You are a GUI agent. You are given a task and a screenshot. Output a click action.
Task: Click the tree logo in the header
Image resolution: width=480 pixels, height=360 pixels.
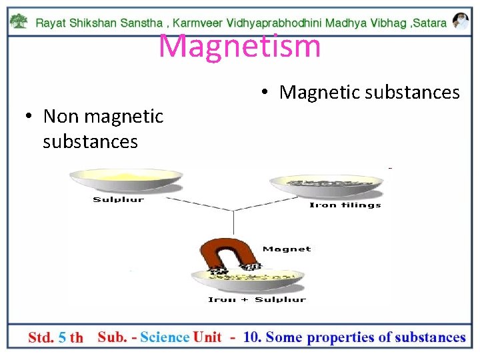click(20, 21)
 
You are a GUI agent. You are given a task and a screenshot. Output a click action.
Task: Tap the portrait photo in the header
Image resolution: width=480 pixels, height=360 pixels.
click(460, 21)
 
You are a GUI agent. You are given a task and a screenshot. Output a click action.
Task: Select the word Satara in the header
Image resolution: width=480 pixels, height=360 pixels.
click(431, 23)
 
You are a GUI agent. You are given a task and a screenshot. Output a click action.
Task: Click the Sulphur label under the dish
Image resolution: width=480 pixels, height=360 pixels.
click(119, 199)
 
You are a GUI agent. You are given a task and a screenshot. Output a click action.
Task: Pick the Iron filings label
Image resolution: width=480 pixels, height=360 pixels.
click(345, 205)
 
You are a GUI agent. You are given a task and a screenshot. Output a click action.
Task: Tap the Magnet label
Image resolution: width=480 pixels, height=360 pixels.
click(287, 249)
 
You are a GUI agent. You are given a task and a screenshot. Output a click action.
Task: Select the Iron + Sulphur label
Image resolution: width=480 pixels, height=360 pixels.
click(257, 300)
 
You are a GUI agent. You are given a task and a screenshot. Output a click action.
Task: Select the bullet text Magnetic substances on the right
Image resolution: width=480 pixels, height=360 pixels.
click(369, 92)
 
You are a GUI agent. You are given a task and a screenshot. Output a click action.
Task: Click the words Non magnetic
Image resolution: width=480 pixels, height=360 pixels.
click(103, 116)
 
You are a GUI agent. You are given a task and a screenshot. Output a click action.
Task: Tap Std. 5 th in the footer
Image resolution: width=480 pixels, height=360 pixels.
click(55, 337)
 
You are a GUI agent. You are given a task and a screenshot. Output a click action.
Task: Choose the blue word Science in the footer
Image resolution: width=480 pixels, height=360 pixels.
click(165, 337)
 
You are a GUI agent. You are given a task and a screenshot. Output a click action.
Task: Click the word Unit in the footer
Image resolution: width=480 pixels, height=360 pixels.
click(207, 337)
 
